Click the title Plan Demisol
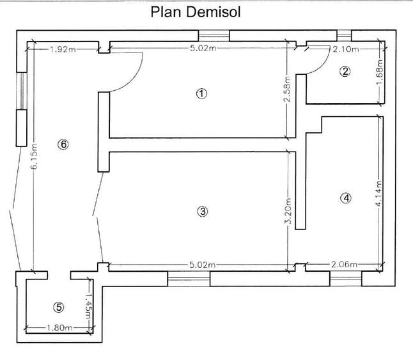(x=195, y=12)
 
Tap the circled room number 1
(x=202, y=93)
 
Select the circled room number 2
(x=345, y=72)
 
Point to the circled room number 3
(x=203, y=212)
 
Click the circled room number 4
(x=346, y=198)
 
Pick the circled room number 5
(x=58, y=308)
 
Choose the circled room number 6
(x=63, y=145)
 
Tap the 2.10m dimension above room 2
(x=346, y=49)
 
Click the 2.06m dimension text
(x=344, y=264)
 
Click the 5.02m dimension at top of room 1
(x=202, y=49)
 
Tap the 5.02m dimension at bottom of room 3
(x=202, y=264)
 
